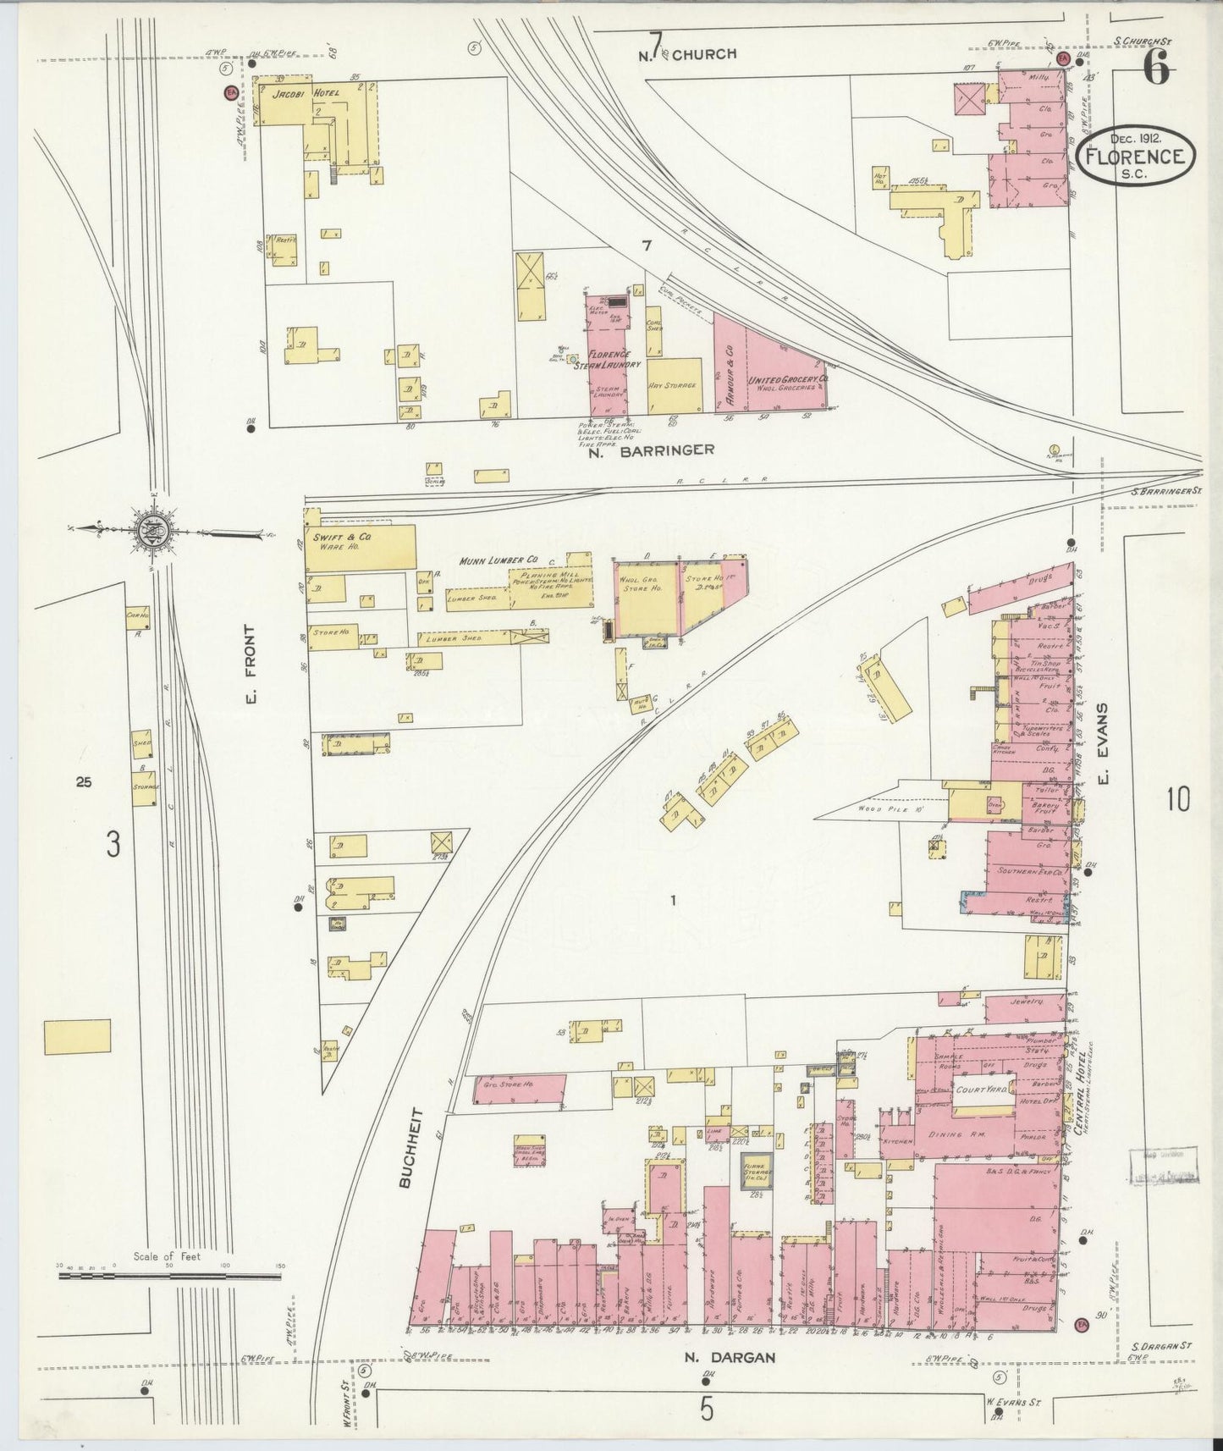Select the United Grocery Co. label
tap(786, 382)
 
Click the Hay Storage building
tap(674, 385)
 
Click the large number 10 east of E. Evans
tap(1177, 798)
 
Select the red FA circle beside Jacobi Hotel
tap(229, 93)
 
